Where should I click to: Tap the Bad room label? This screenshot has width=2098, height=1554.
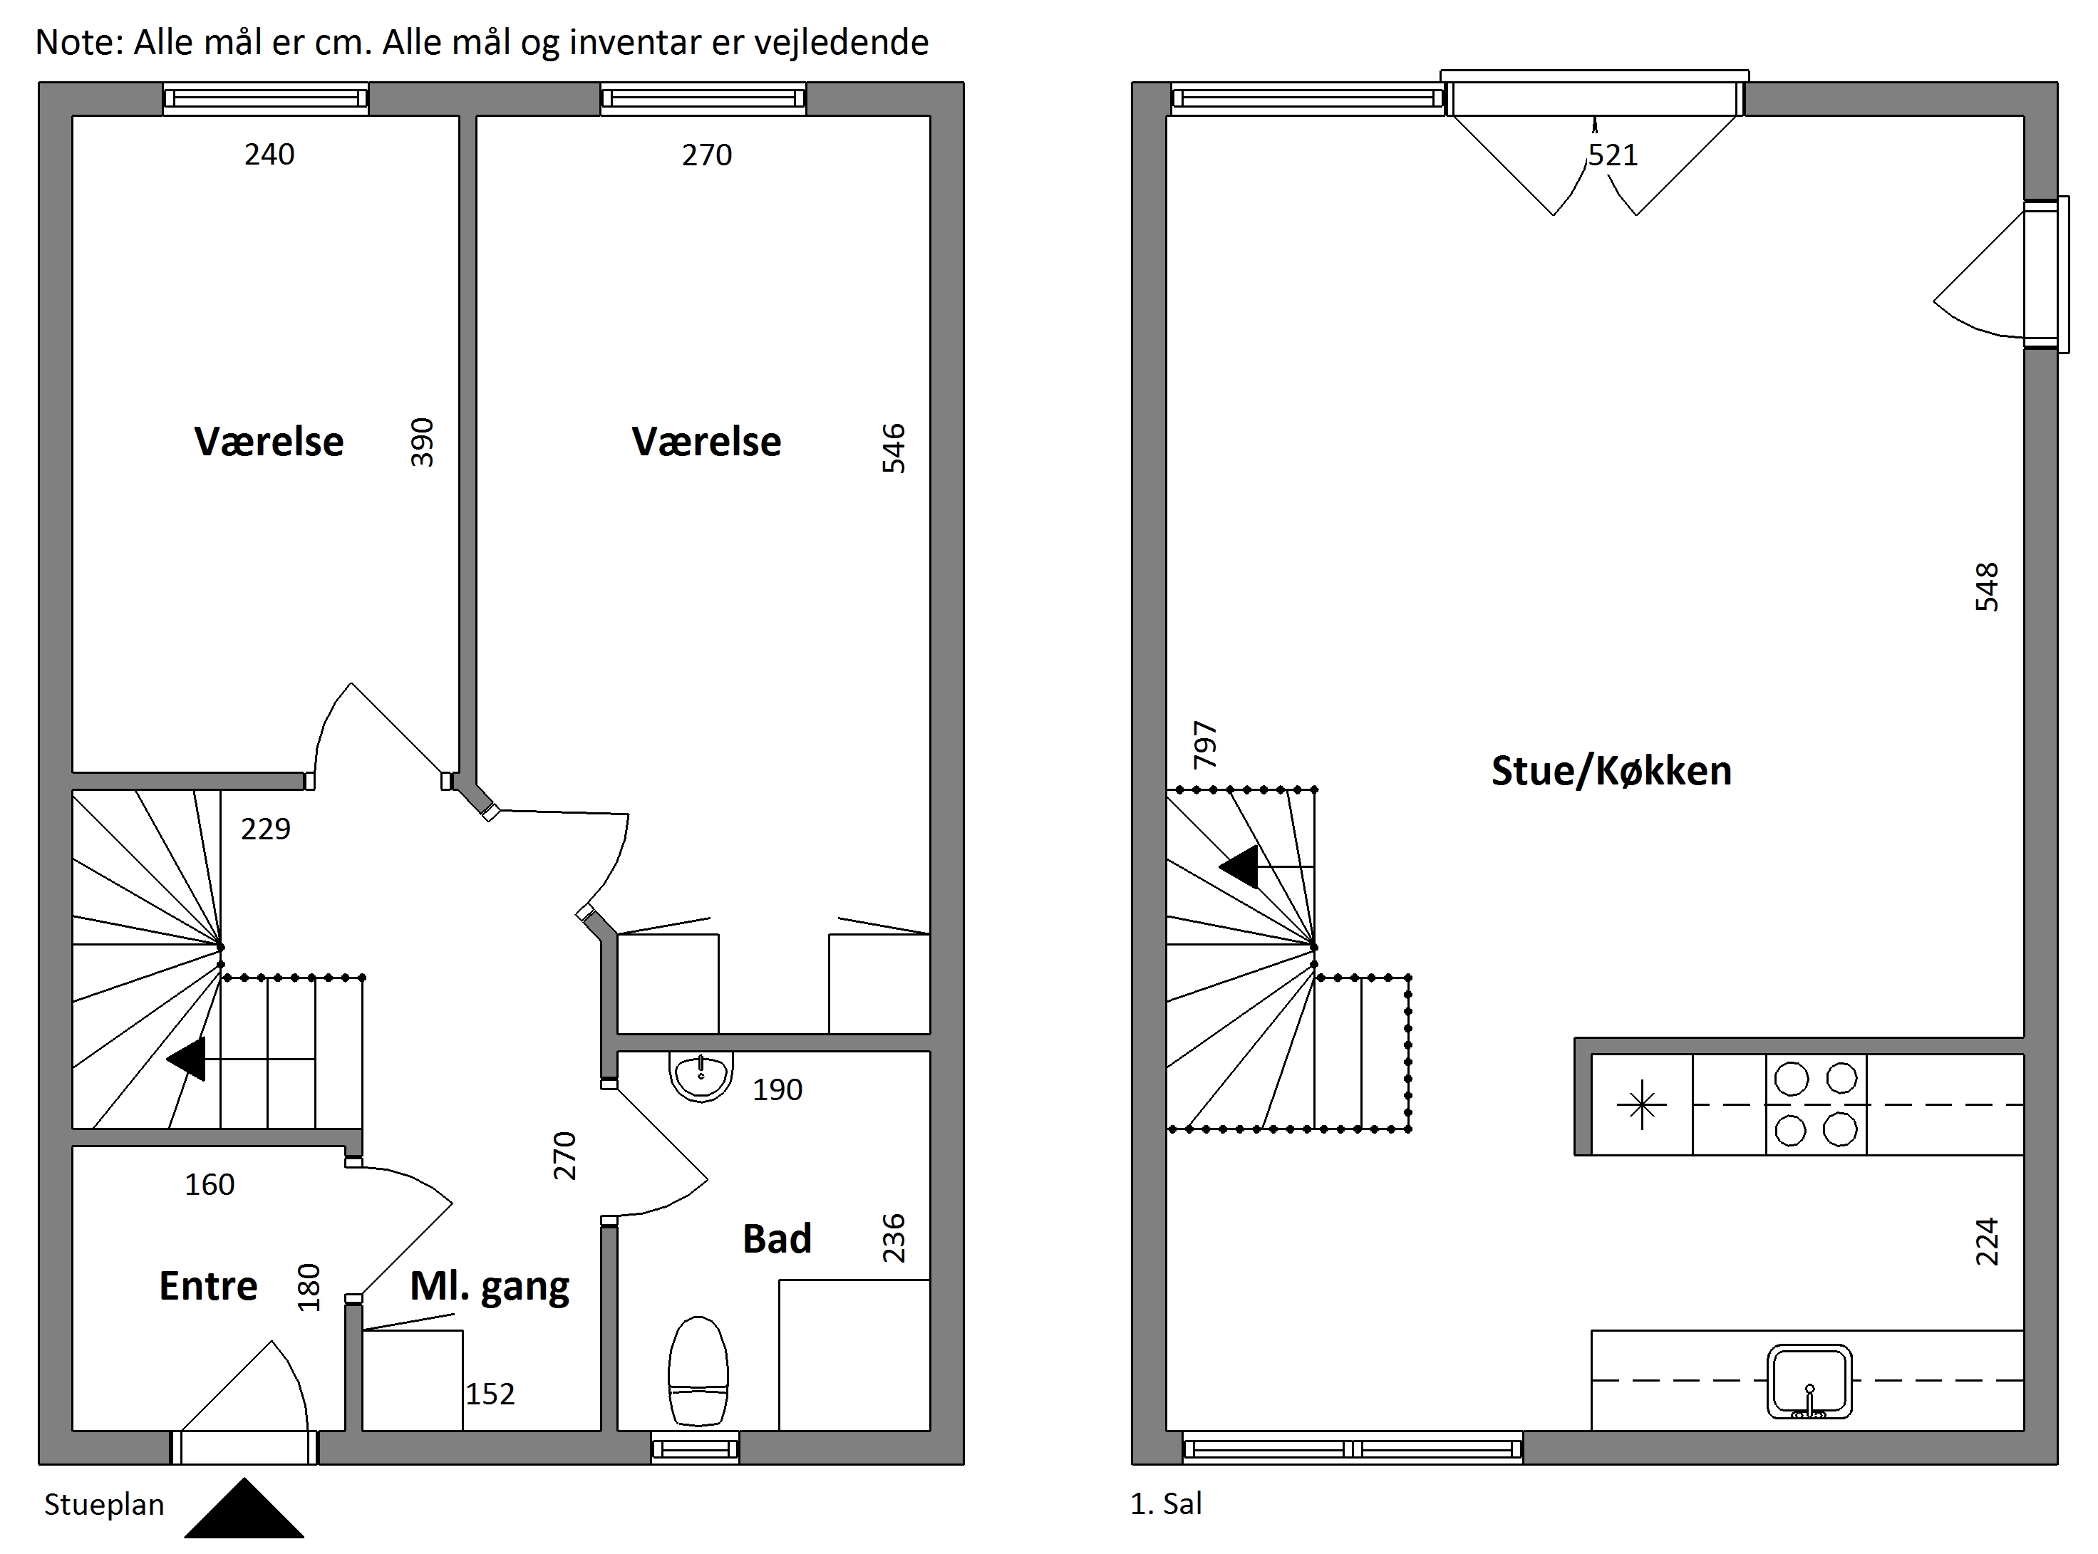(x=776, y=1239)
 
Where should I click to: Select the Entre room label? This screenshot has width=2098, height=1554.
(x=208, y=1286)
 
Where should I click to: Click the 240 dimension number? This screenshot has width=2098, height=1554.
(x=269, y=155)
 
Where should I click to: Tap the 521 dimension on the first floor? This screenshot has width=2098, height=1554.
(x=1613, y=155)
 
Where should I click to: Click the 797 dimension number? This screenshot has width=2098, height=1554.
(x=1205, y=745)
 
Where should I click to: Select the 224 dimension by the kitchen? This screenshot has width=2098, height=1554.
(x=1986, y=1242)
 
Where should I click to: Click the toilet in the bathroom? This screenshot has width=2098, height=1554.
(x=698, y=1372)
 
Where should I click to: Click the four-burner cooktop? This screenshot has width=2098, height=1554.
(x=1816, y=1104)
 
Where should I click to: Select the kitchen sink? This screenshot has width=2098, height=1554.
(x=1809, y=1381)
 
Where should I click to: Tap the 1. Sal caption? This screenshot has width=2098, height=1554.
(x=1166, y=1504)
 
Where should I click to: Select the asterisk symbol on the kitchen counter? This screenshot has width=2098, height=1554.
(x=1642, y=1105)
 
